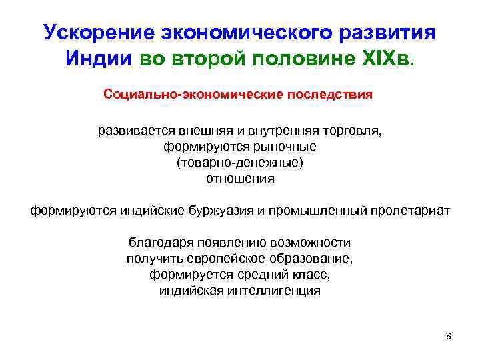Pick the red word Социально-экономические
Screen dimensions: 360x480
pyautogui.click(x=193, y=94)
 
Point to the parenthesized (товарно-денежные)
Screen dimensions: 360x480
pyautogui.click(x=239, y=162)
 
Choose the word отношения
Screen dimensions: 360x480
pyautogui.click(x=239, y=178)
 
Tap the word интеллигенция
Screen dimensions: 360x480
pyautogui.click(x=276, y=291)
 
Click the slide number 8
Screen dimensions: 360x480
pyautogui.click(x=448, y=336)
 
